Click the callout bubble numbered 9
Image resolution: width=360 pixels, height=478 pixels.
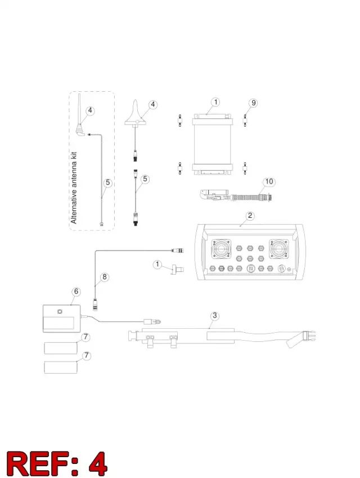tap(253, 103)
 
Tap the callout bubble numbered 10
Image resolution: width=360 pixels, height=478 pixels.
tap(269, 182)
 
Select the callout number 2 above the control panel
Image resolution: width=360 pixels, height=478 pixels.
tap(250, 216)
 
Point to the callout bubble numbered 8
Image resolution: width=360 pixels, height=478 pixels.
tap(105, 277)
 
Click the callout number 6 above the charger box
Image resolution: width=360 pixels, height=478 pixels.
tap(76, 292)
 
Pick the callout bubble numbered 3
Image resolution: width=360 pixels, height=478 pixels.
tap(215, 315)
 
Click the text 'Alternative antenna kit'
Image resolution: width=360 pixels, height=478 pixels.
tap(74, 188)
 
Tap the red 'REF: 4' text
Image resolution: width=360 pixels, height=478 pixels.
tap(57, 464)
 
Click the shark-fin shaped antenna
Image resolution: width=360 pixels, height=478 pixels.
tap(136, 115)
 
